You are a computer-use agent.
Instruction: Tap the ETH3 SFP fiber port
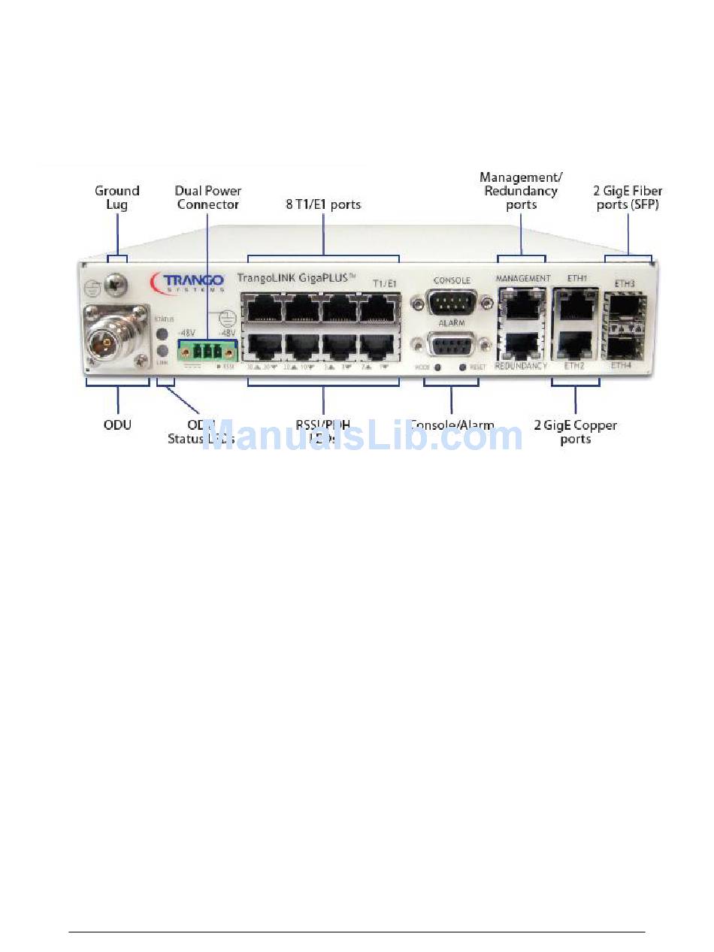tap(626, 308)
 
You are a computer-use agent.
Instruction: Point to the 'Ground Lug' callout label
tap(116, 198)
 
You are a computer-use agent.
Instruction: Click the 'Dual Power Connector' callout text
tap(208, 198)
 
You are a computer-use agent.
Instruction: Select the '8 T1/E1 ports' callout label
tap(323, 204)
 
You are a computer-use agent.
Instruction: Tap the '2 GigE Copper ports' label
tap(575, 432)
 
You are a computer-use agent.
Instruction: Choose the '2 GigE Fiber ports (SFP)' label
tap(628, 198)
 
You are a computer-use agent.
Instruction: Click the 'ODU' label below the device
tap(117, 425)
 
